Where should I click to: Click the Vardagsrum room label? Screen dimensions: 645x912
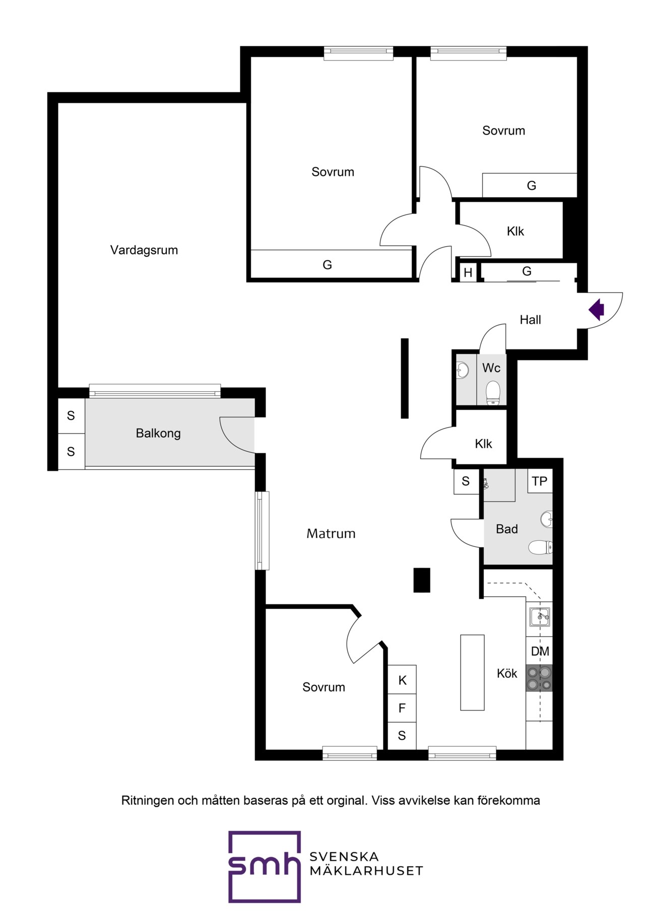pyautogui.click(x=144, y=250)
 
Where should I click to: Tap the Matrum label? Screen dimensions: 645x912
pyautogui.click(x=331, y=533)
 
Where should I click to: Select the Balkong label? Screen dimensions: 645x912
pyautogui.click(x=158, y=433)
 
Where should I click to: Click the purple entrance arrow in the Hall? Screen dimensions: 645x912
pyautogui.click(x=597, y=310)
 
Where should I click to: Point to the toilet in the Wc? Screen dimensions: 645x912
pyautogui.click(x=493, y=393)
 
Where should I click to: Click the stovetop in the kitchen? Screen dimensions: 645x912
pyautogui.click(x=539, y=678)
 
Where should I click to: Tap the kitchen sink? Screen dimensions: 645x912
pyautogui.click(x=540, y=616)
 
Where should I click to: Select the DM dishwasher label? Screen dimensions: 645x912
pyautogui.click(x=540, y=651)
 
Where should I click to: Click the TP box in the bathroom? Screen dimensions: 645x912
pyautogui.click(x=540, y=481)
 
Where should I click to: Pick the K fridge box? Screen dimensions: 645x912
pyautogui.click(x=402, y=680)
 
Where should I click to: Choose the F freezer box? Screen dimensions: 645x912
pyautogui.click(x=402, y=708)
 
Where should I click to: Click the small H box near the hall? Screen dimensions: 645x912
pyautogui.click(x=468, y=272)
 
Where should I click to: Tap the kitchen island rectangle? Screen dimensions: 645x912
pyautogui.click(x=472, y=672)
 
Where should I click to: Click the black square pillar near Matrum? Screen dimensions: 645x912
pyautogui.click(x=422, y=580)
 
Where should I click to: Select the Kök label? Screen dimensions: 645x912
pyautogui.click(x=507, y=673)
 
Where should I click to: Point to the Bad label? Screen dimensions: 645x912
pyautogui.click(x=507, y=529)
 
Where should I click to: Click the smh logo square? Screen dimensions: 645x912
pyautogui.click(x=265, y=867)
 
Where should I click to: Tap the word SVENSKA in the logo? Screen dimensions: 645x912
pyautogui.click(x=344, y=857)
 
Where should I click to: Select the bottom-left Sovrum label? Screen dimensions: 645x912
pyautogui.click(x=324, y=687)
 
